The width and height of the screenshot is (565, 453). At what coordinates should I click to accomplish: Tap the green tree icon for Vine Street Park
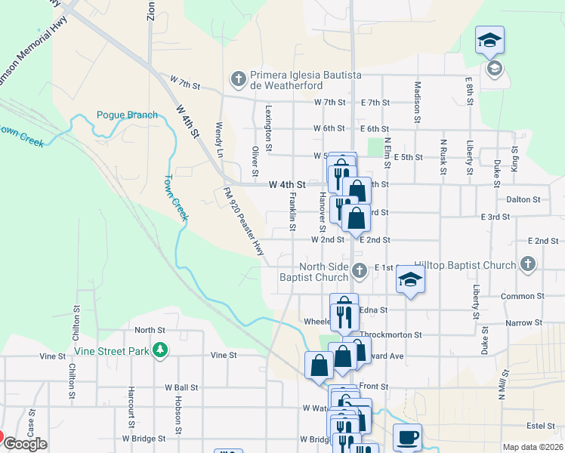click(x=159, y=350)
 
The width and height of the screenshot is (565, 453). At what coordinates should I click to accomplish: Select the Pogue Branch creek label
click(x=127, y=115)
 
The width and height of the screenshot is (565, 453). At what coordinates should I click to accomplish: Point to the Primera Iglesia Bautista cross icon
click(x=238, y=78)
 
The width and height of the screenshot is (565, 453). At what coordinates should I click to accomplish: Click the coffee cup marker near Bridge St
click(x=407, y=437)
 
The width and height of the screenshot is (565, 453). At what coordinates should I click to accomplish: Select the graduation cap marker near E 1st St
click(x=410, y=279)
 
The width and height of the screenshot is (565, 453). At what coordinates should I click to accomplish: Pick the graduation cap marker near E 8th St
click(x=489, y=40)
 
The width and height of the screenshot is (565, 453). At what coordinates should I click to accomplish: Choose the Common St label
click(x=517, y=296)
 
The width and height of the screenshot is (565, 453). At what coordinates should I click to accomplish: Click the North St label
click(x=150, y=330)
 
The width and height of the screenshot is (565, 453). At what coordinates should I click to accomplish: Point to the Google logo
click(x=25, y=444)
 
